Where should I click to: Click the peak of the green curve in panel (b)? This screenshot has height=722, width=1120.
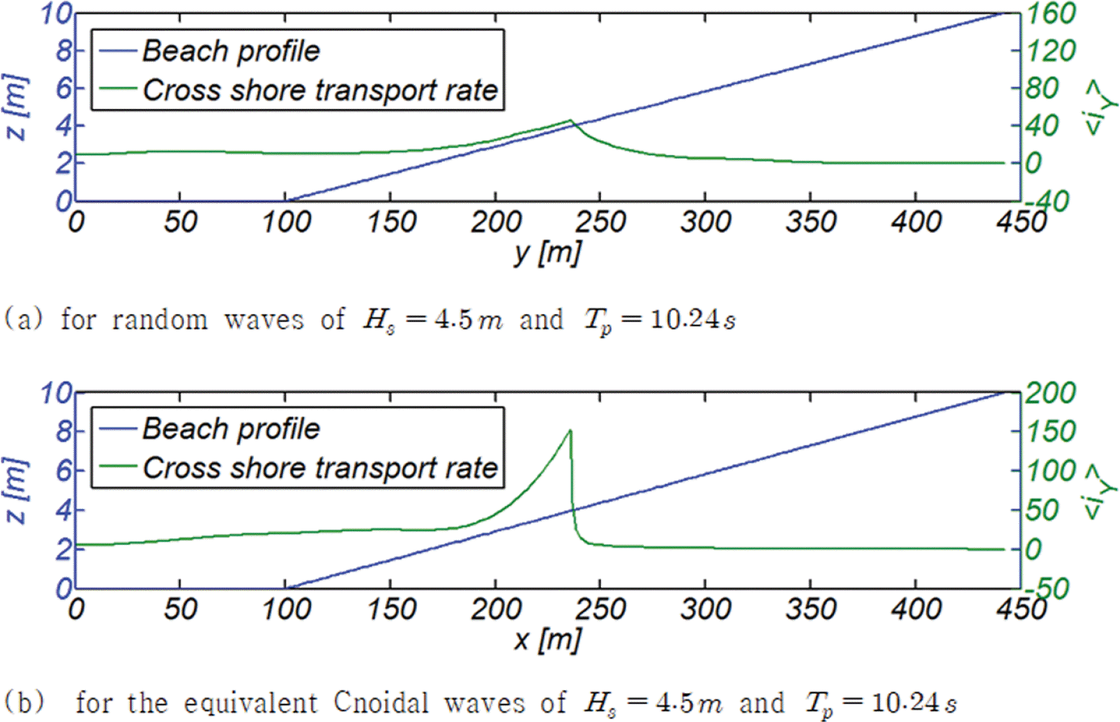[570, 430]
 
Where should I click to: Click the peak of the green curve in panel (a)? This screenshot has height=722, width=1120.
[570, 121]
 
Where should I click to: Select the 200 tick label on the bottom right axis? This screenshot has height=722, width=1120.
[1050, 393]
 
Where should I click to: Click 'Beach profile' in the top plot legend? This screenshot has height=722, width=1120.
[231, 51]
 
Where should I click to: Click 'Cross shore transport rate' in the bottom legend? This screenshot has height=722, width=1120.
[320, 468]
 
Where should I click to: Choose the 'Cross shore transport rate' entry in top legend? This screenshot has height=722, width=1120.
[320, 90]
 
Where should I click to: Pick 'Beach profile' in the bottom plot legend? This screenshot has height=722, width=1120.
[231, 429]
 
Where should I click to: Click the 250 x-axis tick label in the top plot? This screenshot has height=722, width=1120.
[600, 222]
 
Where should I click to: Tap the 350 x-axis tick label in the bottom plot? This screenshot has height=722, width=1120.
[811, 609]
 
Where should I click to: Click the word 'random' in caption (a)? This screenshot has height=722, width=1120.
[160, 320]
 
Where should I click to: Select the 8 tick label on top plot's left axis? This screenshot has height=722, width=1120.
[64, 50]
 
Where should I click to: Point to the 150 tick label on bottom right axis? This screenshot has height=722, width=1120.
[1050, 432]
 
